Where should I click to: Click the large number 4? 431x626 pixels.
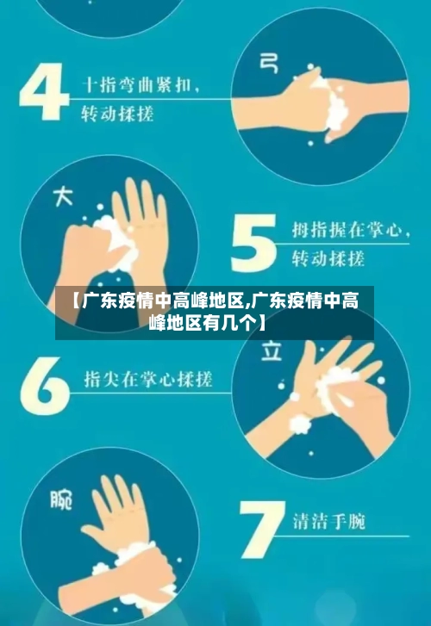44,92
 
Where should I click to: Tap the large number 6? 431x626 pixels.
44,381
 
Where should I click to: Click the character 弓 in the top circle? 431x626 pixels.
269,61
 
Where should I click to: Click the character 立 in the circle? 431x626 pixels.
273,351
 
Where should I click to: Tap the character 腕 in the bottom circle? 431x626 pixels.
61,499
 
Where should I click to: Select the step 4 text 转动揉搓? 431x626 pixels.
117,113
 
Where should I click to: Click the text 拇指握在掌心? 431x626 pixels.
335,231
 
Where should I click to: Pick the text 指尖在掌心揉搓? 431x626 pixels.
147,379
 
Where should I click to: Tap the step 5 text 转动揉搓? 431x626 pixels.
328,257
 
